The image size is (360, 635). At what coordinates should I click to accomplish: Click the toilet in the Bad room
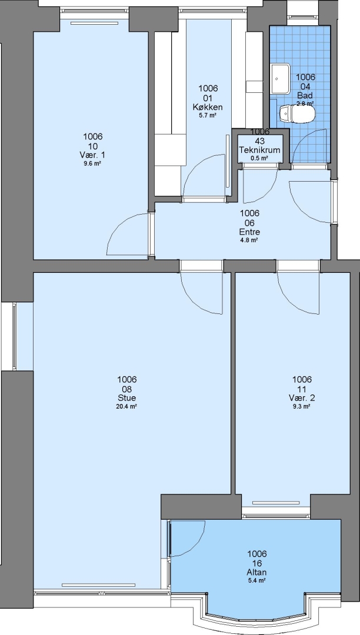point(297,114)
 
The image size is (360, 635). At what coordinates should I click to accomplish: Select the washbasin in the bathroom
point(280,79)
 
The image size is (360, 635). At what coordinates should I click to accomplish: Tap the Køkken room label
point(208,108)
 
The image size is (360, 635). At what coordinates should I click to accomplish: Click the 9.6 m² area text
point(92,163)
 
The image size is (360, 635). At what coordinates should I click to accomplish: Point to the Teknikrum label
point(259,151)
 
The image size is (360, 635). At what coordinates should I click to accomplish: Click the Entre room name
point(249,232)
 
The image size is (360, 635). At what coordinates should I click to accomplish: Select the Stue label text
point(126,397)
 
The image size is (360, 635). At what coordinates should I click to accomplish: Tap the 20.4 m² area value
point(126,406)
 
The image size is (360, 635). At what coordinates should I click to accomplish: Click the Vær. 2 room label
point(302,397)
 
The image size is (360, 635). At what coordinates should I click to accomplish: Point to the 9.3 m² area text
point(302,406)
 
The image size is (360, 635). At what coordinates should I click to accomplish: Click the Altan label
point(256,572)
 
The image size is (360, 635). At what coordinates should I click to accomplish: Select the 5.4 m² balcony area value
point(256,581)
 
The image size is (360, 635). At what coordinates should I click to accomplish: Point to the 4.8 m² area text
point(249,240)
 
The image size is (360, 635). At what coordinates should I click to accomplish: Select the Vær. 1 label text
point(93,155)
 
